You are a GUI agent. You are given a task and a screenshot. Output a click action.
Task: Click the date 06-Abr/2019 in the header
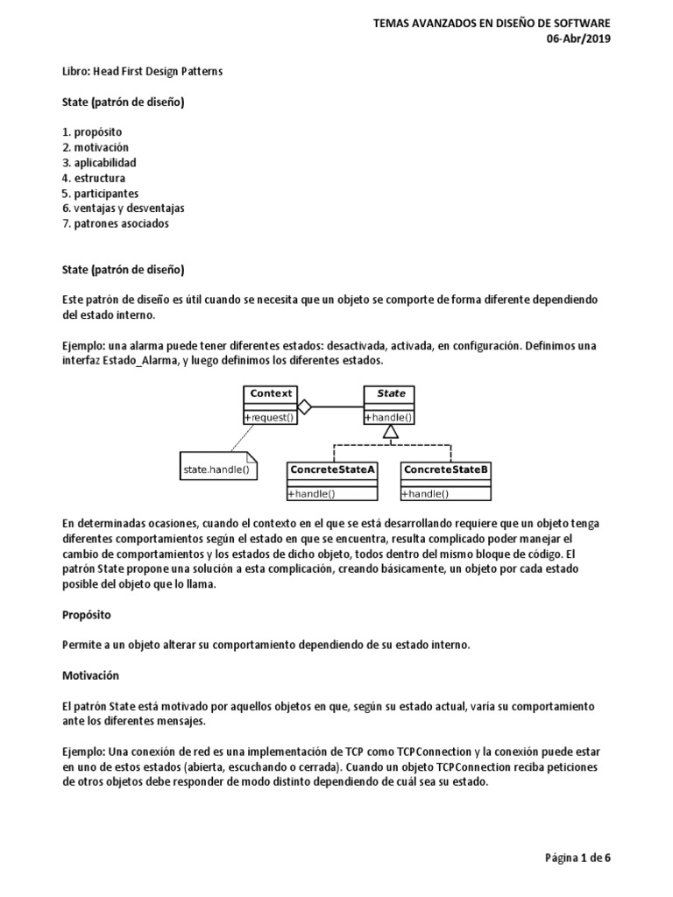(x=580, y=39)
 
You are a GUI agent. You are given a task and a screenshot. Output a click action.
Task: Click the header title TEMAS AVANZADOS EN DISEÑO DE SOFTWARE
(x=492, y=24)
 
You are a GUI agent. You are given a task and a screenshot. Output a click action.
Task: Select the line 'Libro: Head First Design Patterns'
(x=143, y=71)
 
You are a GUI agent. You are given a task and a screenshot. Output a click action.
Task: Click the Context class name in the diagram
(x=270, y=394)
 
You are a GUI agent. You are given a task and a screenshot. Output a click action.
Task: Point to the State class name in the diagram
(x=391, y=394)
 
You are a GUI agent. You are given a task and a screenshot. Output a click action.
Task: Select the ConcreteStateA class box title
(x=333, y=470)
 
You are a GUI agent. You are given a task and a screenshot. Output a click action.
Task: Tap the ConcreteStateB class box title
(x=446, y=470)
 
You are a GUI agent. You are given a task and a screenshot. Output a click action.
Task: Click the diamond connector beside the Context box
(x=305, y=406)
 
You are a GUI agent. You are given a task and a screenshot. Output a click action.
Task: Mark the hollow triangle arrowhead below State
(x=392, y=431)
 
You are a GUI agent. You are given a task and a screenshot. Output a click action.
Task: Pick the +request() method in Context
(x=270, y=419)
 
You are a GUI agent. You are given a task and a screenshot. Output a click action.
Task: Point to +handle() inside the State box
(x=390, y=419)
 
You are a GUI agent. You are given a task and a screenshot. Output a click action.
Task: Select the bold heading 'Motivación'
(x=90, y=676)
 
